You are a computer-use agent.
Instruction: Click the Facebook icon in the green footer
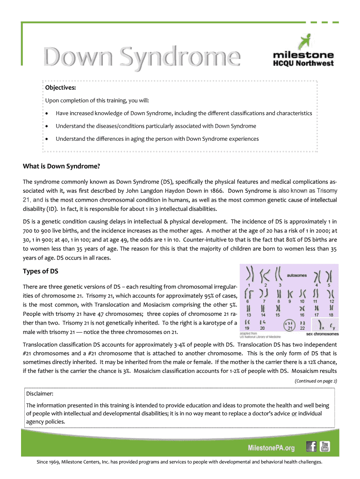click(x=311, y=447)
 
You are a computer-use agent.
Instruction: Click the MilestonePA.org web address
click(x=271, y=448)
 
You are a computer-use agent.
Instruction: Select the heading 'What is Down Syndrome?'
click(x=61, y=166)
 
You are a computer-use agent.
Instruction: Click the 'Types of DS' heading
click(x=41, y=271)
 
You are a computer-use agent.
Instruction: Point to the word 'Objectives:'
click(x=60, y=87)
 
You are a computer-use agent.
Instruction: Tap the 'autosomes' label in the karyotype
click(x=297, y=276)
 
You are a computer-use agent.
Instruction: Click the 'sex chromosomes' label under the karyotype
click(x=323, y=334)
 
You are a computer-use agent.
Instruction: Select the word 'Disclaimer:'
click(x=40, y=393)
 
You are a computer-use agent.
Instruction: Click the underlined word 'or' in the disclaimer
click(x=294, y=413)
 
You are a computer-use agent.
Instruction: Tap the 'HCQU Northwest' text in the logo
click(x=303, y=63)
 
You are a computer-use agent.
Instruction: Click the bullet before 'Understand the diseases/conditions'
click(x=48, y=126)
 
